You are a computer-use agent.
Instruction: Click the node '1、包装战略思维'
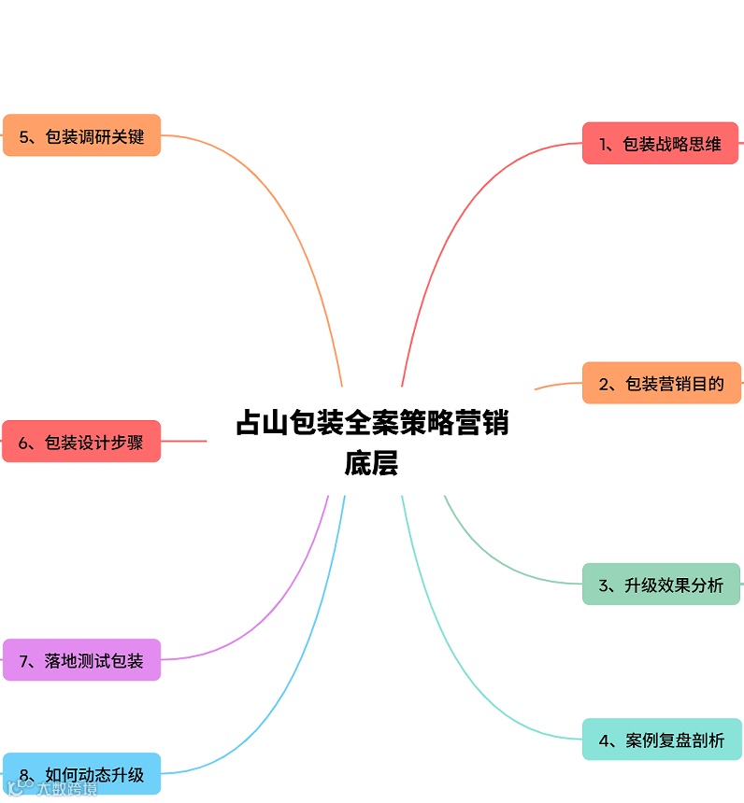coord(661,144)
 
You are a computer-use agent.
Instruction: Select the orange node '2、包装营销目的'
coord(661,383)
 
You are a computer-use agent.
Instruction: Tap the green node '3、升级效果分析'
coord(661,585)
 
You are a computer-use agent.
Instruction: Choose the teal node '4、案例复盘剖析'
coord(661,740)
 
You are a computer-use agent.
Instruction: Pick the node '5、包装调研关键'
coord(82,135)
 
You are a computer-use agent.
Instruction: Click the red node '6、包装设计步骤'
coord(81,442)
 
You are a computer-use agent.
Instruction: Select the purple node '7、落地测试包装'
coord(81,660)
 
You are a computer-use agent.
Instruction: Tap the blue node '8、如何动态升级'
coord(81,774)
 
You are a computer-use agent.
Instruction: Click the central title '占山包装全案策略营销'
coord(372,423)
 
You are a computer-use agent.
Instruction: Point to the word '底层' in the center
coord(372,463)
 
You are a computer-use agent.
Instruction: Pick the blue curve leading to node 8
coord(299,672)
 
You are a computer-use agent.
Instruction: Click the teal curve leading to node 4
coord(449,654)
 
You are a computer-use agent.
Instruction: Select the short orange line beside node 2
coord(557,385)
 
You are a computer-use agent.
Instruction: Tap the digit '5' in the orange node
coord(23,136)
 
